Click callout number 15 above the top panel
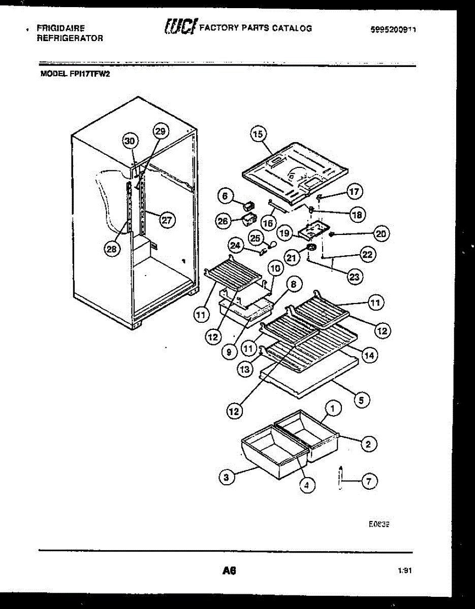coord(258,134)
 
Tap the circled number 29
coord(160,131)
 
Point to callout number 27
coord(166,220)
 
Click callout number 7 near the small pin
coord(369,481)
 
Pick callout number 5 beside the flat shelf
coord(361,400)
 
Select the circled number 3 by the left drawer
coord(227,477)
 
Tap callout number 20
coord(381,233)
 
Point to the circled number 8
coord(293,284)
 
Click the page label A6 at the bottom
coord(230,570)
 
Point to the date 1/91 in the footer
coord(405,571)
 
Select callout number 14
coord(368,356)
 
